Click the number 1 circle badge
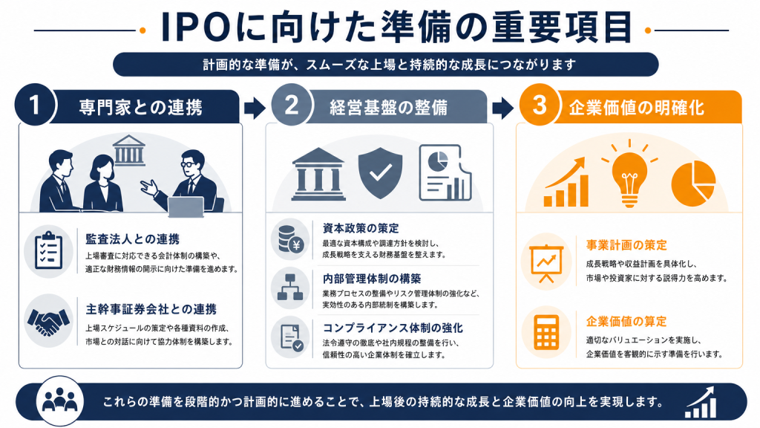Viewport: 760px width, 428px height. click(x=35, y=104)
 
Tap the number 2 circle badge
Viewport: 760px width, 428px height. click(x=291, y=104)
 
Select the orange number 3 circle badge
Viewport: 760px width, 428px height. click(x=540, y=104)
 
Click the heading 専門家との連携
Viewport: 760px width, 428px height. click(x=140, y=107)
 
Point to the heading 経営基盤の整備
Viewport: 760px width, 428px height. click(x=388, y=107)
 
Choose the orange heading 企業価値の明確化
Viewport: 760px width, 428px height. click(x=636, y=107)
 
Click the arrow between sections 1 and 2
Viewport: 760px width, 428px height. click(x=255, y=108)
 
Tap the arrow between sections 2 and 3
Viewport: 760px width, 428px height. click(x=502, y=108)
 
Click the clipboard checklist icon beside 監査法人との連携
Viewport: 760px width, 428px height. click(x=48, y=250)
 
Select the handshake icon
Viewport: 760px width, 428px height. click(x=48, y=321)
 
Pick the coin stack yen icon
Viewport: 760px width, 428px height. click(x=291, y=239)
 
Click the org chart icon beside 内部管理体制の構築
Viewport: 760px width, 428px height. click(x=290, y=288)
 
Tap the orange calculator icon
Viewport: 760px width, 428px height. click(x=546, y=332)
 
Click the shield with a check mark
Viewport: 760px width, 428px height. click(x=381, y=172)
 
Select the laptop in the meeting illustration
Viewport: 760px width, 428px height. click(x=186, y=207)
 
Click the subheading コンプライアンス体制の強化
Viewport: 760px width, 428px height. click(x=393, y=328)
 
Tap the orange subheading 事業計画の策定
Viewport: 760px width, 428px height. click(x=626, y=245)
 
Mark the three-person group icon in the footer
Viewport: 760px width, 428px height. click(x=60, y=401)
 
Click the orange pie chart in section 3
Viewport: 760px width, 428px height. click(x=693, y=184)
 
